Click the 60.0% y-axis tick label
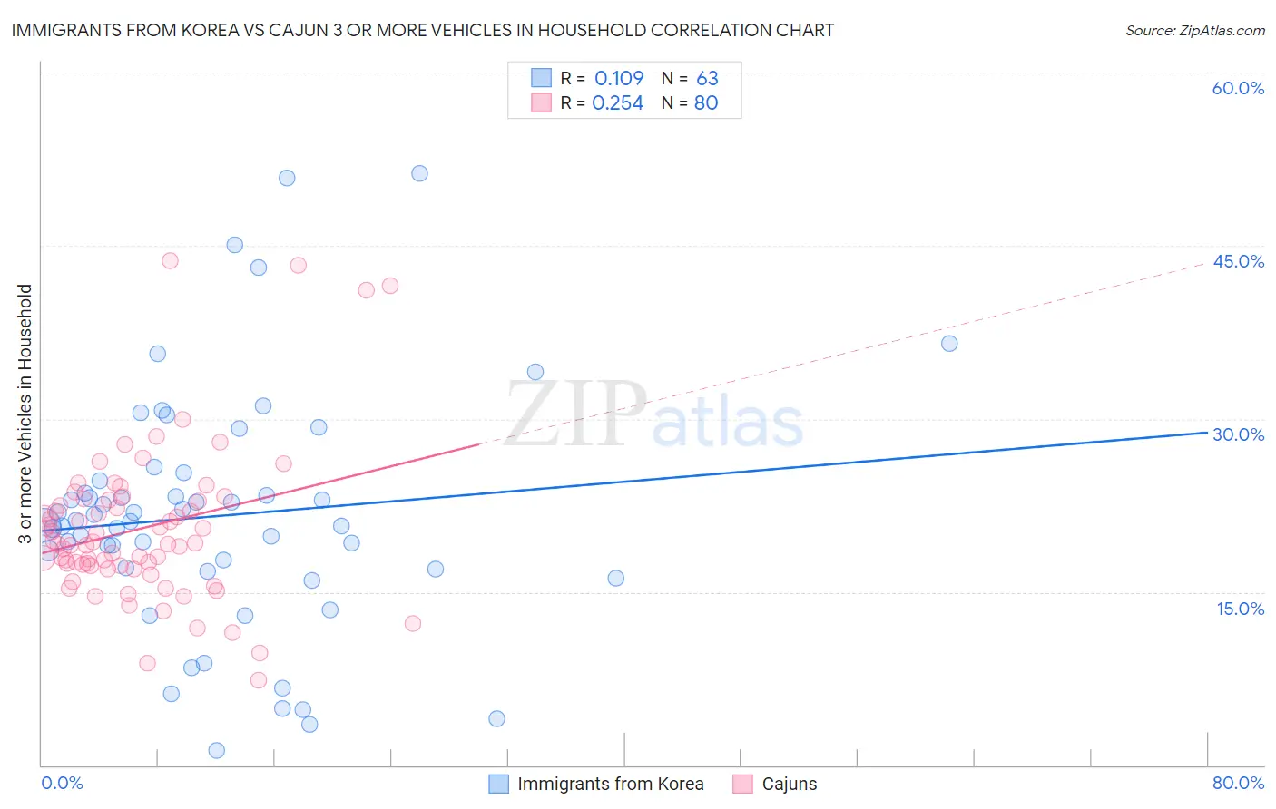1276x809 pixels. point(1238,88)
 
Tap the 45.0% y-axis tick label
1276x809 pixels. point(1238,261)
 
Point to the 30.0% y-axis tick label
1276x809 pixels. point(1238,434)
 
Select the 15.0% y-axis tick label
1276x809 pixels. point(1240,609)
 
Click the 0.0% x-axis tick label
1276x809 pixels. point(62,783)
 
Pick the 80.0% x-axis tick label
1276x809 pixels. point(1238,783)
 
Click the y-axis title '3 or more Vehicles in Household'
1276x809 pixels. point(25,414)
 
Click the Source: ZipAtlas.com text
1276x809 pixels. point(1194,30)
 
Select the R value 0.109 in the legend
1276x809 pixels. point(619,78)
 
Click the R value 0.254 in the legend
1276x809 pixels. point(617,102)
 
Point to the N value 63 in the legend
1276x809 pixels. point(707,78)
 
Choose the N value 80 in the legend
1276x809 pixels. point(706,102)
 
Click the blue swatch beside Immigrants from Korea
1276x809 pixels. point(498,784)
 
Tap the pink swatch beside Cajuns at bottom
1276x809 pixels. point(742,784)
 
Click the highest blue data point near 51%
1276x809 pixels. point(419,173)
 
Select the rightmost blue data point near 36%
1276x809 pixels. point(949,343)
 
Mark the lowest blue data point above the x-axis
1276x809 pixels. point(217,750)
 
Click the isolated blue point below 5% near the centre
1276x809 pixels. point(496,718)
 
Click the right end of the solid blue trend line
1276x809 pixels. point(1207,433)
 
